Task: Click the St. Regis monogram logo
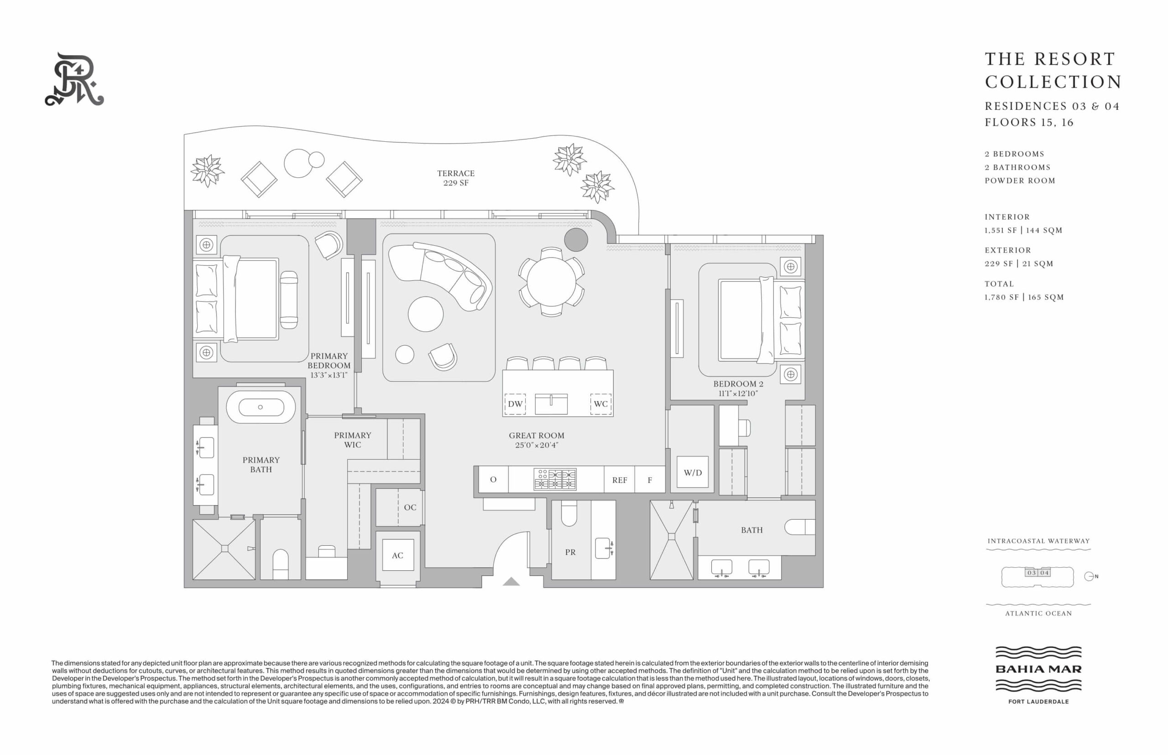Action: [74, 79]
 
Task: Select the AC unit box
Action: [397, 555]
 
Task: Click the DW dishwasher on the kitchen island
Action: [515, 404]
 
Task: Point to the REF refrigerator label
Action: [620, 481]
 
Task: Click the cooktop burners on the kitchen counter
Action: [555, 480]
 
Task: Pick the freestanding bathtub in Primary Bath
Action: [261, 407]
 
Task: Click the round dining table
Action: [552, 282]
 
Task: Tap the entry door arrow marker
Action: [511, 581]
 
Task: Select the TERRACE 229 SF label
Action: [456, 178]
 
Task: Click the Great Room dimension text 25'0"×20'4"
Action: [536, 445]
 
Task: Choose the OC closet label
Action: [410, 507]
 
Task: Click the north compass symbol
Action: [1091, 577]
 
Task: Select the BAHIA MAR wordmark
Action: [1038, 669]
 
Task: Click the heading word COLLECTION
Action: [1053, 82]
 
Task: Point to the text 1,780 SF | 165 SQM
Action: [1024, 297]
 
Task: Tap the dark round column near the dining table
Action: [576, 240]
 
